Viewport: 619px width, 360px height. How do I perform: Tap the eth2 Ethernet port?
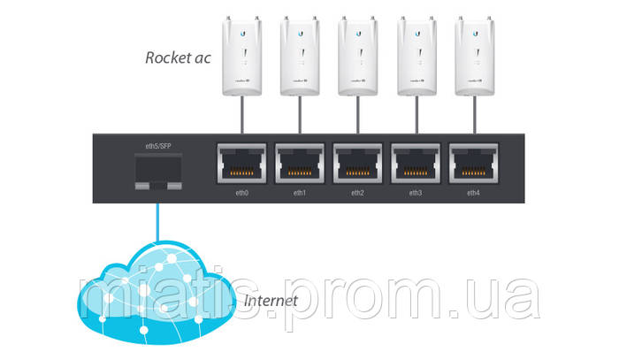coord(357,164)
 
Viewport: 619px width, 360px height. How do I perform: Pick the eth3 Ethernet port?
coord(416,164)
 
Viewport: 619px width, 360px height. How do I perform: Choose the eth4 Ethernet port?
coord(473,164)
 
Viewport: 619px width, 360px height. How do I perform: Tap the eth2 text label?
coord(357,192)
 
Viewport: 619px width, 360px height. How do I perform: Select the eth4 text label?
coord(473,192)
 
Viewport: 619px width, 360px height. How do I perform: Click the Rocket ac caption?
coord(177,59)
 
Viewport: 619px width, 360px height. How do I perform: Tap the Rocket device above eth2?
coord(357,57)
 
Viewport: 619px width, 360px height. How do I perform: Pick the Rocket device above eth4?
coord(473,57)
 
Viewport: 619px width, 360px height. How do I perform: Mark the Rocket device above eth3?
coord(416,57)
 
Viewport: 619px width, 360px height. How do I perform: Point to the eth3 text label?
coord(416,192)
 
